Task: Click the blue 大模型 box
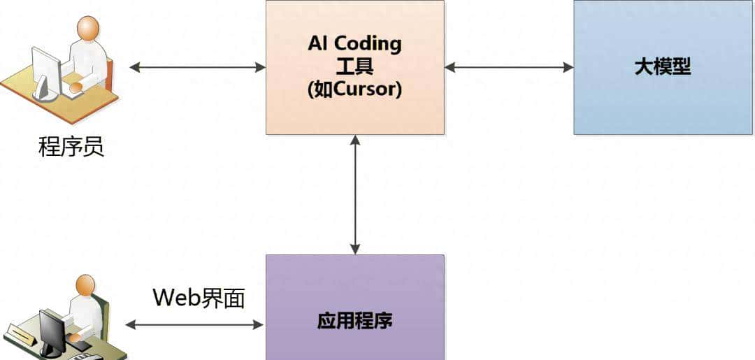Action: click(663, 67)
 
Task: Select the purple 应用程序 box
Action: click(354, 308)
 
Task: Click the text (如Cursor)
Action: click(354, 90)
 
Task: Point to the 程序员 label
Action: click(71, 147)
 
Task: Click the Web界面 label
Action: click(199, 298)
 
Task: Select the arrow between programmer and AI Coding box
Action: click(198, 68)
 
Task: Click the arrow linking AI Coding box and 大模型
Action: click(508, 68)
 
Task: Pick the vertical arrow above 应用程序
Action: click(355, 194)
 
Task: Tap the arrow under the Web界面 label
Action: click(194, 324)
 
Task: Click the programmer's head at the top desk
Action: click(87, 29)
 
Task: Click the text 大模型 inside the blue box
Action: click(662, 67)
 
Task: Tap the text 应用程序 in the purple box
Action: click(354, 321)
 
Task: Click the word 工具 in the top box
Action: click(354, 67)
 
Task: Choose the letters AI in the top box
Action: click(318, 43)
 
